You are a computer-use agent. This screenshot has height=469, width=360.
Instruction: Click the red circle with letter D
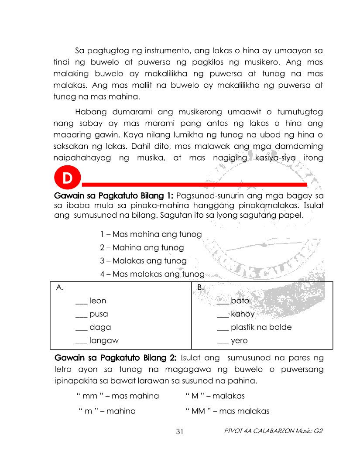(67, 178)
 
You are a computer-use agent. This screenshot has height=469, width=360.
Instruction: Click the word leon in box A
(98, 301)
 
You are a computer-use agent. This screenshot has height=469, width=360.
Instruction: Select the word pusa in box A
(99, 314)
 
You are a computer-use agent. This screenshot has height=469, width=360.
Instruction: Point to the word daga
(100, 327)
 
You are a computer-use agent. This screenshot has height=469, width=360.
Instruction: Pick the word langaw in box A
(104, 341)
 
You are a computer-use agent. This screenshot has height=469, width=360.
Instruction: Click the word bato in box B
(240, 301)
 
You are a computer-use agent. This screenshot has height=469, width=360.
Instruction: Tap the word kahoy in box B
(243, 314)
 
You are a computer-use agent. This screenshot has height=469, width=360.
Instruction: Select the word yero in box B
(239, 341)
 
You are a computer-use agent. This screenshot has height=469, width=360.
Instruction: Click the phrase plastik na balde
(261, 327)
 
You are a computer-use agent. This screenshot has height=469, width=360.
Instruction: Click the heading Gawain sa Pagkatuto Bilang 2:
(116, 358)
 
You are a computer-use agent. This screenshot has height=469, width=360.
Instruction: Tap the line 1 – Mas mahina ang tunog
(151, 234)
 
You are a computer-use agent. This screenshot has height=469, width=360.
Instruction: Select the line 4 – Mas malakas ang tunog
(152, 274)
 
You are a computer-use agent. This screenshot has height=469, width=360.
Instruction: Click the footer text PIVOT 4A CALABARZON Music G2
(273, 431)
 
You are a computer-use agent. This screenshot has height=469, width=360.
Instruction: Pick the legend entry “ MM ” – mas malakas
(227, 411)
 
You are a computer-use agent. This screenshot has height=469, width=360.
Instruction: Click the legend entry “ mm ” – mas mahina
(117, 396)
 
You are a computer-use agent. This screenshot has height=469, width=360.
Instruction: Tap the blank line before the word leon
(81, 302)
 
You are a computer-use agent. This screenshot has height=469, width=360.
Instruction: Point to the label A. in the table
(61, 288)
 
